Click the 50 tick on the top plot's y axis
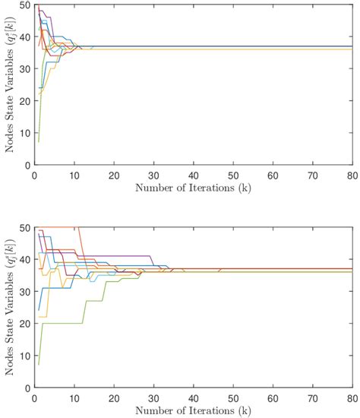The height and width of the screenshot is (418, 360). [27, 5]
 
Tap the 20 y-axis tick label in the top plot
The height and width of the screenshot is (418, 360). [27, 101]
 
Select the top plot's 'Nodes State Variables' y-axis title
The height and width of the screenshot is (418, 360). [10, 85]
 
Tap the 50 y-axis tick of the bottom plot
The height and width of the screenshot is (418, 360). [27, 228]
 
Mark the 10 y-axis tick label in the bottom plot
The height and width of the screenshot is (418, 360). [27, 356]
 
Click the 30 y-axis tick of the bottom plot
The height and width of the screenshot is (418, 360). [27, 292]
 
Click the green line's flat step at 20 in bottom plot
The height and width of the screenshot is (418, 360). [61, 323]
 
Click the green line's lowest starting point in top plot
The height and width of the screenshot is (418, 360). [38, 142]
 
